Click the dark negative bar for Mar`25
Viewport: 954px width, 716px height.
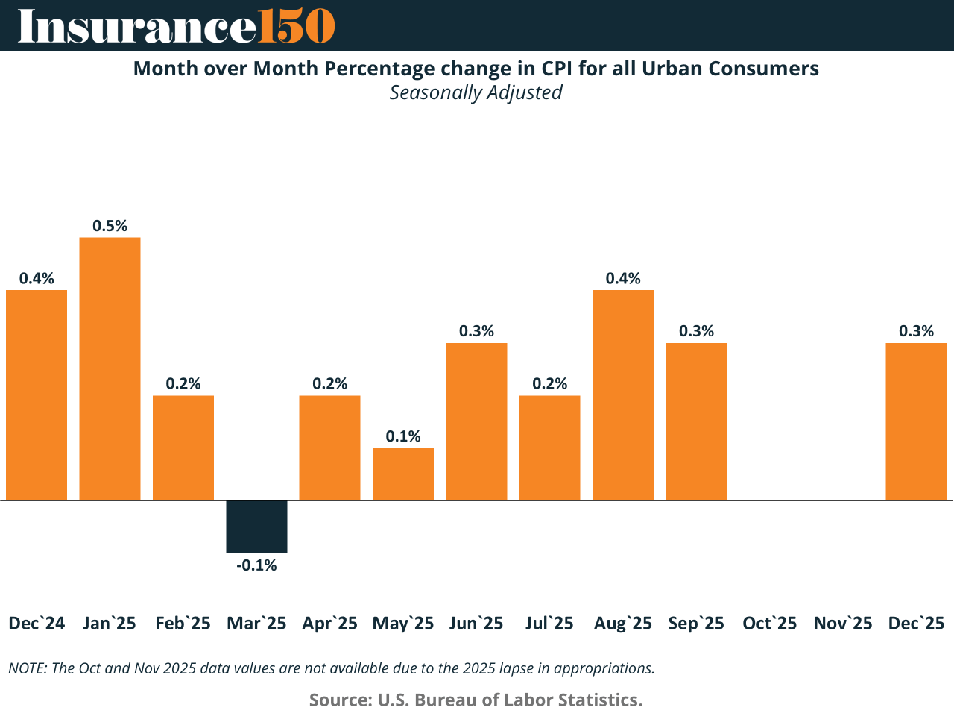(256, 527)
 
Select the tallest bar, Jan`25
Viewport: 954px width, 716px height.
(110, 369)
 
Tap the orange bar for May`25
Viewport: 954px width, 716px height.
(403, 474)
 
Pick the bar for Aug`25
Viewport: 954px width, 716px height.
(623, 395)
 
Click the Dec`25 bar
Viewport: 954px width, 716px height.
(916, 421)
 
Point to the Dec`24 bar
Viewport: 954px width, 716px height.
(37, 395)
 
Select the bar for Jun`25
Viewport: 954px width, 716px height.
(476, 421)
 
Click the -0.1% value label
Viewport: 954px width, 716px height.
(256, 565)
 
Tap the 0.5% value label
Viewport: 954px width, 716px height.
(110, 226)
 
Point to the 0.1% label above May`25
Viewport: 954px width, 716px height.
(403, 436)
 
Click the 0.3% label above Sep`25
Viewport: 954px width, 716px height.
(696, 331)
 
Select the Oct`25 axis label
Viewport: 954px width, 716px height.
(769, 624)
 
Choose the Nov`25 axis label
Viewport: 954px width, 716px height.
(843, 624)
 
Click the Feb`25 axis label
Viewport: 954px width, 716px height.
(183, 624)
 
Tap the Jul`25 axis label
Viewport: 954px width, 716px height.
(549, 624)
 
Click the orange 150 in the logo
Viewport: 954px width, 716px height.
(296, 26)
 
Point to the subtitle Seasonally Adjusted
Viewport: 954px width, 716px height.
(476, 92)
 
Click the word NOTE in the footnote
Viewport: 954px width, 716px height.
(27, 668)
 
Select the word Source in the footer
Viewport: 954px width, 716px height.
(339, 700)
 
